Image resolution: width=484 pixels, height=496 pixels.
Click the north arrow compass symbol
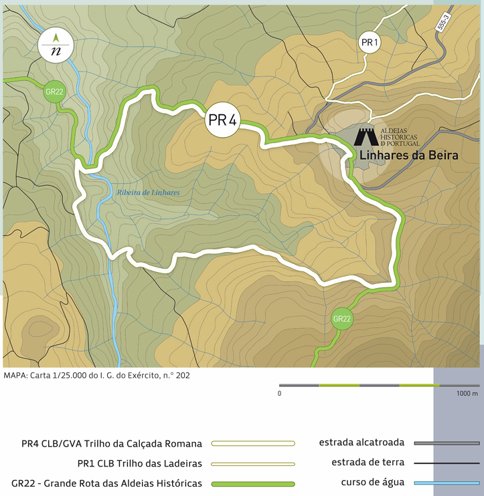pos(56,45)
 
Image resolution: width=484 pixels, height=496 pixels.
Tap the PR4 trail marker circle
pos(222,120)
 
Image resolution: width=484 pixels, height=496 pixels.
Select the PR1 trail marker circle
pos(370,43)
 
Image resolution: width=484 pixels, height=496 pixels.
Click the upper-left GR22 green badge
pos(54,92)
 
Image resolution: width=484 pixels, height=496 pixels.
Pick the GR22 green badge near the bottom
pos(341,319)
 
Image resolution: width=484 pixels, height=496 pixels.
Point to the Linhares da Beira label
pos(408,156)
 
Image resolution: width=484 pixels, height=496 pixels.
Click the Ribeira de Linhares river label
pos(148,193)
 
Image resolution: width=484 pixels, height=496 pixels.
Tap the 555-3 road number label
pos(442,22)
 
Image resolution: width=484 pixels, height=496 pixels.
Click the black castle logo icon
pos(366,136)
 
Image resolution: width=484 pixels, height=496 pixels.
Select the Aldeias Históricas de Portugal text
pos(400,137)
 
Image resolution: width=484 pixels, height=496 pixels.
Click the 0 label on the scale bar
pos(279,394)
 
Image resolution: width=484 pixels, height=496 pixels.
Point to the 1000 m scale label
pos(467,394)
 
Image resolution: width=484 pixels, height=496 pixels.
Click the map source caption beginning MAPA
pos(96,375)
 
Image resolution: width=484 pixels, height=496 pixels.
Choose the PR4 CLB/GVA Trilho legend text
pos(111,443)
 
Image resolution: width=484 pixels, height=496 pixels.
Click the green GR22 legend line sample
pos(252,483)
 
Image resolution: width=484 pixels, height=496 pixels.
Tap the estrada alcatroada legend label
pos(361,443)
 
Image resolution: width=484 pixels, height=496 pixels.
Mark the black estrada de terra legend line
pos(447,463)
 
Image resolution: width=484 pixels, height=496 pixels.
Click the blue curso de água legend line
pos(447,483)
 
